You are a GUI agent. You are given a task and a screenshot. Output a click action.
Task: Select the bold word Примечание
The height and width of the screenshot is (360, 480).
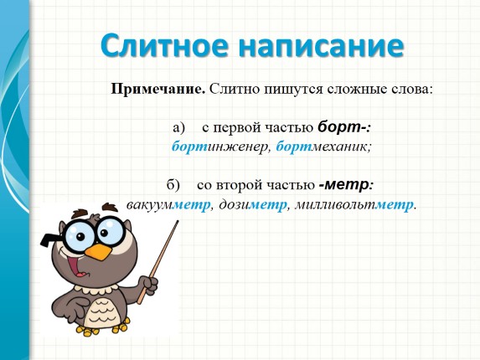point(158,88)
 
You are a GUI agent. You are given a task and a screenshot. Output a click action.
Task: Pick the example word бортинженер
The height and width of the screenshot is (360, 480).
point(219,147)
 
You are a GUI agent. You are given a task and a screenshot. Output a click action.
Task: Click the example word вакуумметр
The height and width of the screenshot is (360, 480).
point(167,204)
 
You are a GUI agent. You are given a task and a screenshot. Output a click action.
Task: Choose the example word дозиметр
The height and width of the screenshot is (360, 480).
point(250,204)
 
